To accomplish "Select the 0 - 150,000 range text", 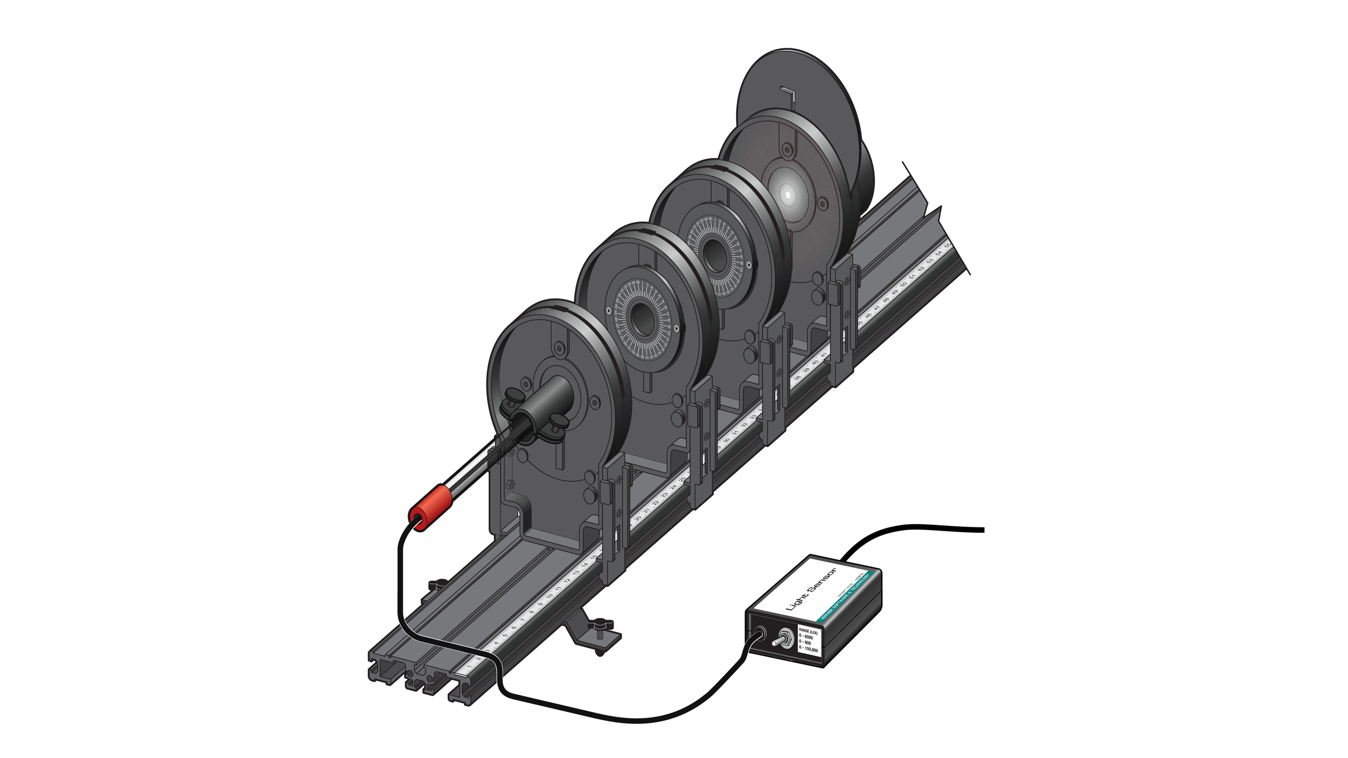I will click(x=808, y=649).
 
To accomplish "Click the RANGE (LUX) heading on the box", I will click(x=808, y=631).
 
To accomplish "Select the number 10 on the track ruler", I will click(x=549, y=596).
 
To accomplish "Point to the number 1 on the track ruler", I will click(x=470, y=666).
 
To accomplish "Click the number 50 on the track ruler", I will click(x=904, y=284).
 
